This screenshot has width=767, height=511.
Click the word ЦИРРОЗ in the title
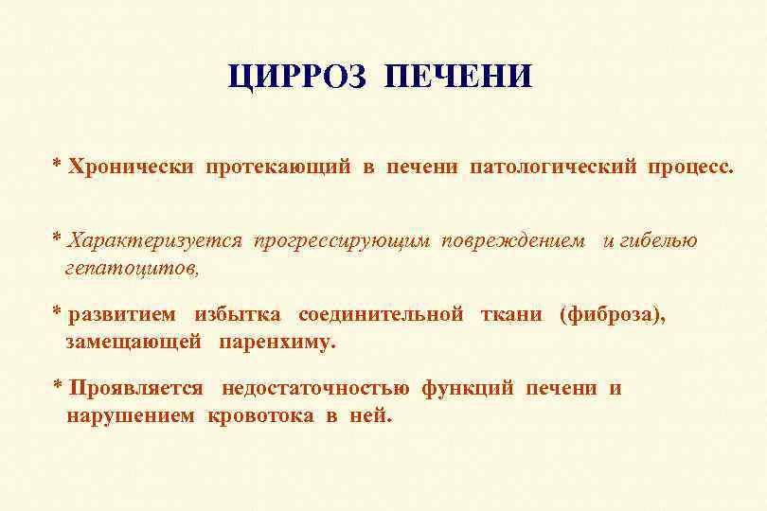point(296,77)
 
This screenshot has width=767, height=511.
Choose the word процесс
point(690,167)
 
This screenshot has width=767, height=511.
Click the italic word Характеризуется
point(155,241)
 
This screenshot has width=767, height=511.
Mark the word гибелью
point(659,241)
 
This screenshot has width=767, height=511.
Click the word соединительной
point(381,315)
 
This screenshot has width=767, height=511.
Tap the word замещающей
point(134,342)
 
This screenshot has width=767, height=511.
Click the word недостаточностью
point(315,388)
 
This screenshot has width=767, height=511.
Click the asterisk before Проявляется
point(58,386)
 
